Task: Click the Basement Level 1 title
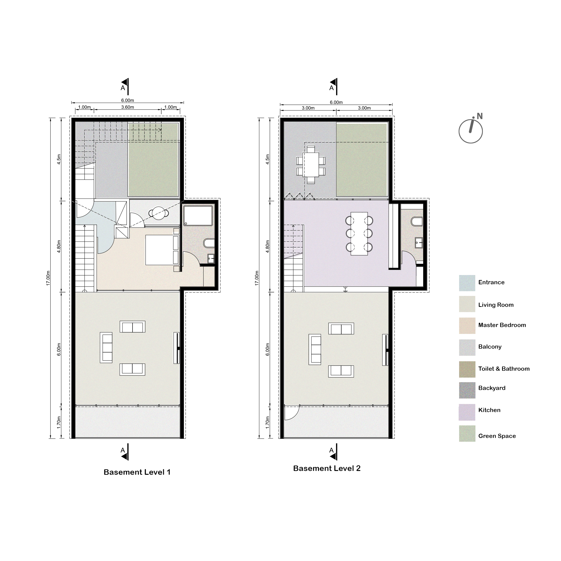pos(137,472)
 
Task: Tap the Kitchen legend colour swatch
pos(467,412)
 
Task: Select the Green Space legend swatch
pos(467,433)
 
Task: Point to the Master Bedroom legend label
pos(502,325)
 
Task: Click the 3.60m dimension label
pos(128,107)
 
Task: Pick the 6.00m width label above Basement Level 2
pos(336,102)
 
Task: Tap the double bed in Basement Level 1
pos(162,250)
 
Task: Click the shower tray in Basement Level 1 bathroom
pos(198,215)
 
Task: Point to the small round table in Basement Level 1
pos(159,213)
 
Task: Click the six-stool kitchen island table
pos(359,234)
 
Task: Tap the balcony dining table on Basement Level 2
pos(311,165)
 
